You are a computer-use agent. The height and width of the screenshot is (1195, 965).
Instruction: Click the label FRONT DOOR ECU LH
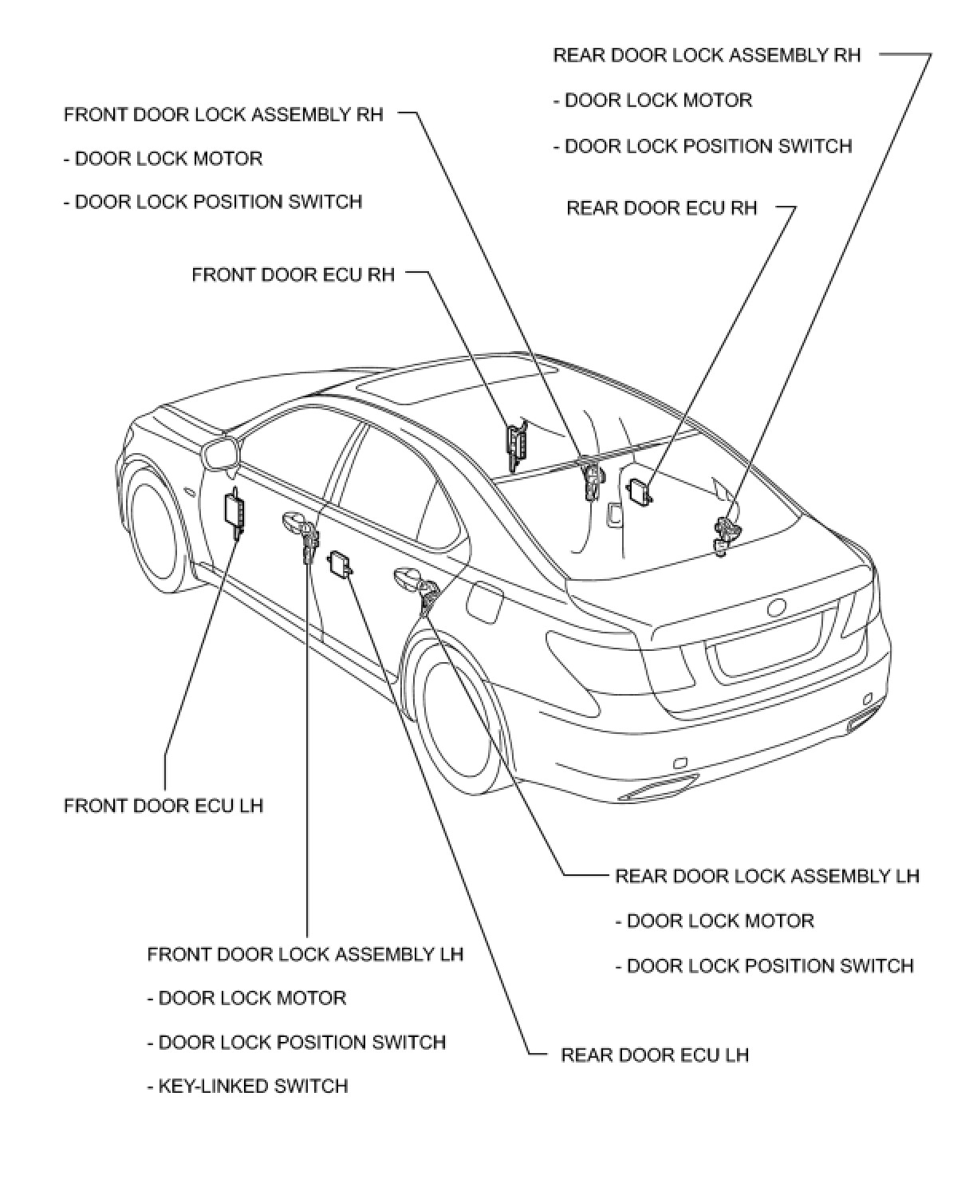tap(163, 806)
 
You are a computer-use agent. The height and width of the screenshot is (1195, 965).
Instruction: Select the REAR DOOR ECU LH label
tap(655, 1055)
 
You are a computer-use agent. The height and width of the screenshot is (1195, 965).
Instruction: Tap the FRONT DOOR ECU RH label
tap(293, 275)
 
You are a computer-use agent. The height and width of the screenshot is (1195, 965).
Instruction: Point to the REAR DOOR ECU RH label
tap(662, 208)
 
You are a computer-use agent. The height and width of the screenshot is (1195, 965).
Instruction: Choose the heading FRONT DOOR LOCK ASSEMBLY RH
tap(223, 115)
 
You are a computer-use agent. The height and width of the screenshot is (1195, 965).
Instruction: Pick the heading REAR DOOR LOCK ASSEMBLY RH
tap(707, 55)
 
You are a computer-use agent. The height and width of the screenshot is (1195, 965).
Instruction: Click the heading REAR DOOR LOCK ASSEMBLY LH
tap(767, 876)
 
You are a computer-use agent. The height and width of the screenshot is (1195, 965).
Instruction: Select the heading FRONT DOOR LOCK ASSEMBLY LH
tap(305, 954)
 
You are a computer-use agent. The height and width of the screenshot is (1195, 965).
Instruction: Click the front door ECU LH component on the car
tap(234, 509)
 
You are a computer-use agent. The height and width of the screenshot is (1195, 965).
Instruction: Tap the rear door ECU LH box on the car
tap(341, 563)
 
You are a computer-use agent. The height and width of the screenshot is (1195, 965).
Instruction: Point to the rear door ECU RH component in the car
tap(640, 491)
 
